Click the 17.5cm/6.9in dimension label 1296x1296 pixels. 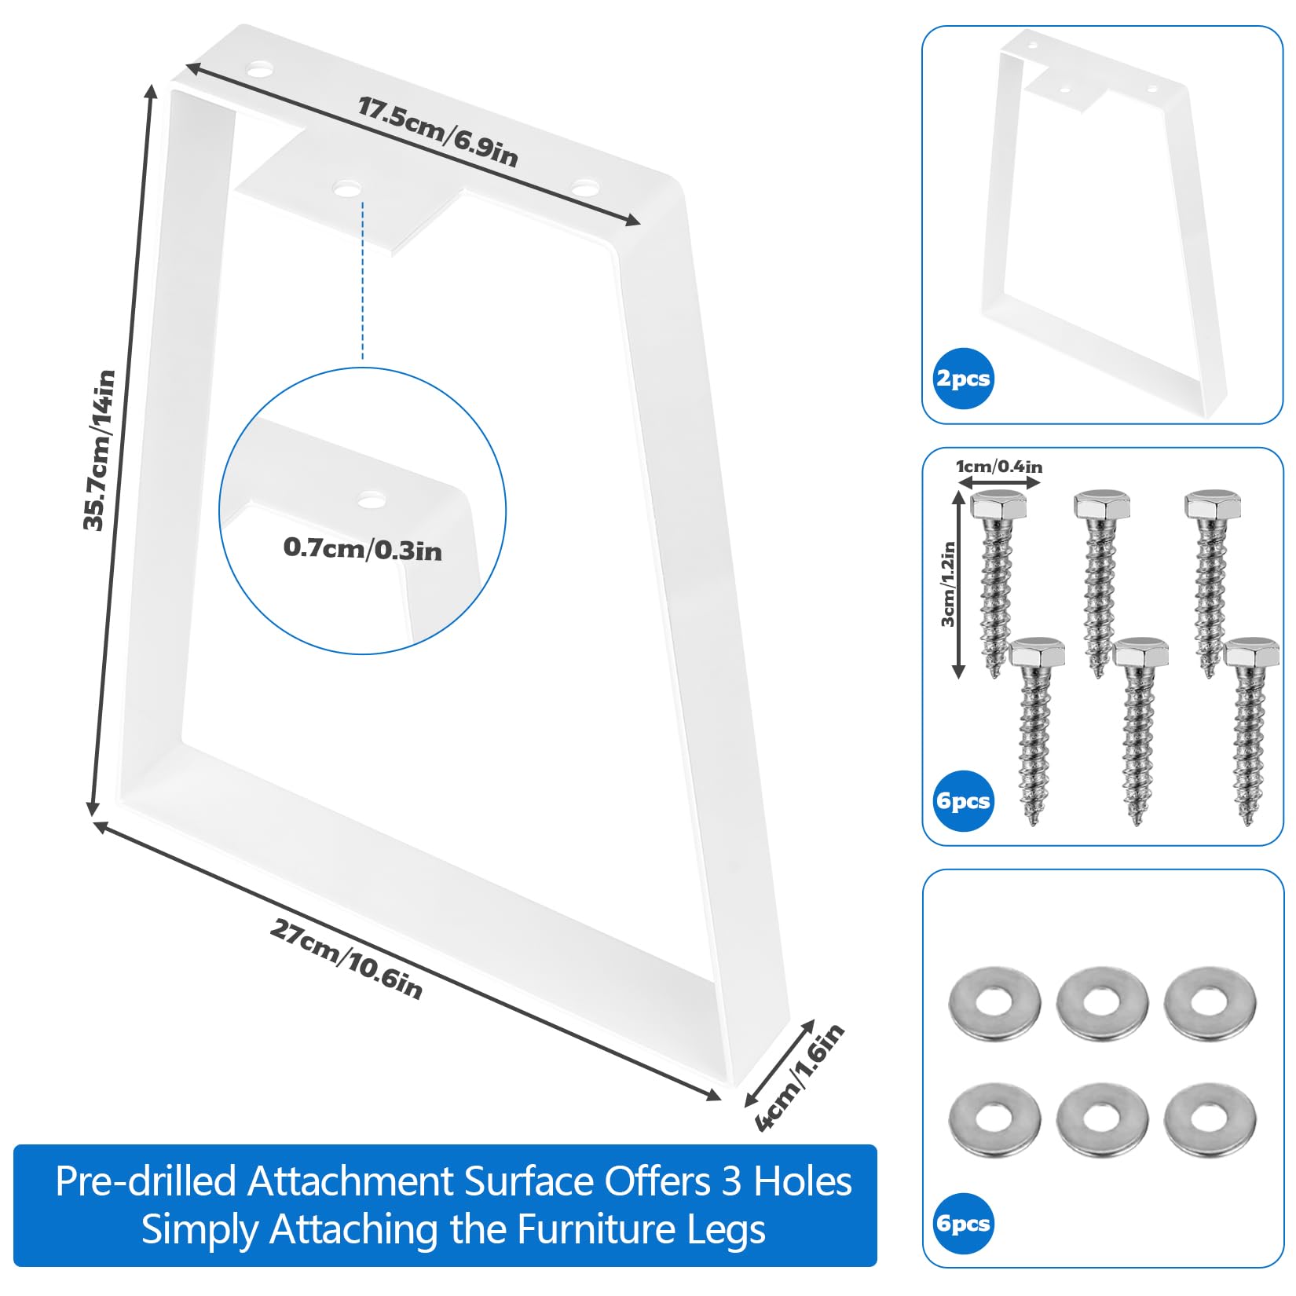click(x=438, y=132)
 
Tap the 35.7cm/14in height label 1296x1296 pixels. click(x=100, y=450)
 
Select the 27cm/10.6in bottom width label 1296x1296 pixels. click(x=346, y=959)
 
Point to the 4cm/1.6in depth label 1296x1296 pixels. click(x=800, y=1077)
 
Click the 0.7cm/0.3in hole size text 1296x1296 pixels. click(x=363, y=548)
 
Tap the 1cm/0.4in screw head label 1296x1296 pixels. click(x=999, y=467)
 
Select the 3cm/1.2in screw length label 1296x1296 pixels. click(x=949, y=584)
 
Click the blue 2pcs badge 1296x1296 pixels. click(x=963, y=379)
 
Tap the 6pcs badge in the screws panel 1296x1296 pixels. click(x=963, y=801)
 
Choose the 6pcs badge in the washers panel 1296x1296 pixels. click(x=963, y=1224)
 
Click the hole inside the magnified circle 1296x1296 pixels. click(x=372, y=499)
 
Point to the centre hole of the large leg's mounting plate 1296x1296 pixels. click(x=347, y=189)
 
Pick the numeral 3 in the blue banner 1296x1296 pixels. click(x=731, y=1182)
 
